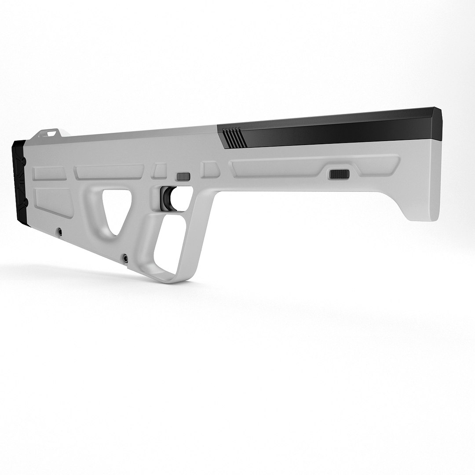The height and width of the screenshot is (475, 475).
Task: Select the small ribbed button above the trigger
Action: point(183,176)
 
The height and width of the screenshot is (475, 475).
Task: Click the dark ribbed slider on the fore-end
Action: point(339,174)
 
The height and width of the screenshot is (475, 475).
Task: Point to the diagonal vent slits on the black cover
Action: point(232,137)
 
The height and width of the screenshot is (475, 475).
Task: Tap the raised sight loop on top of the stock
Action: point(51,133)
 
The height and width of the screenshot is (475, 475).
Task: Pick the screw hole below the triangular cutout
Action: point(125,259)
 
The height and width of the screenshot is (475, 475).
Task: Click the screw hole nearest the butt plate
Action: point(59,230)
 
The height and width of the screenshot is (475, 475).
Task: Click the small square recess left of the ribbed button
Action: point(160,171)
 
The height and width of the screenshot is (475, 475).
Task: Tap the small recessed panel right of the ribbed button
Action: point(210,169)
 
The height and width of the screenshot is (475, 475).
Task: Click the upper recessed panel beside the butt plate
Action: point(49,173)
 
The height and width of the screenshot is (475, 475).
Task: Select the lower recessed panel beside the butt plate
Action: point(54,202)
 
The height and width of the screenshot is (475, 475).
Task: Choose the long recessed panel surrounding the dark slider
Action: point(286,168)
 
